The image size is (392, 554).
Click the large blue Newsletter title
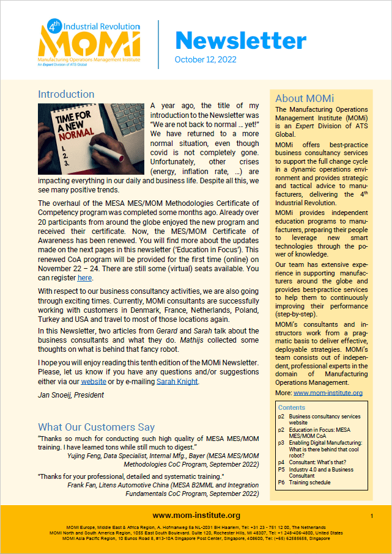tap(240, 41)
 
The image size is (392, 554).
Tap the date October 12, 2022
tap(205, 59)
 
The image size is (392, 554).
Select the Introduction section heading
tap(66, 95)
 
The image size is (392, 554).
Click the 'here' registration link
tap(84, 277)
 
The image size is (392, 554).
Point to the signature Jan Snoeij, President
tap(71, 395)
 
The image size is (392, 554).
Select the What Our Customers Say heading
tap(97, 428)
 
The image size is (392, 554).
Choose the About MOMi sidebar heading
tap(305, 98)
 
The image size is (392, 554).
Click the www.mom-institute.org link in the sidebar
tap(328, 393)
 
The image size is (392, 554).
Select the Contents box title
tap(292, 407)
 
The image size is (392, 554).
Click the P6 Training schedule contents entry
tap(312, 483)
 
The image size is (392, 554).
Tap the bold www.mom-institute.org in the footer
tap(196, 515)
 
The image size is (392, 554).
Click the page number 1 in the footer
tap(372, 516)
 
